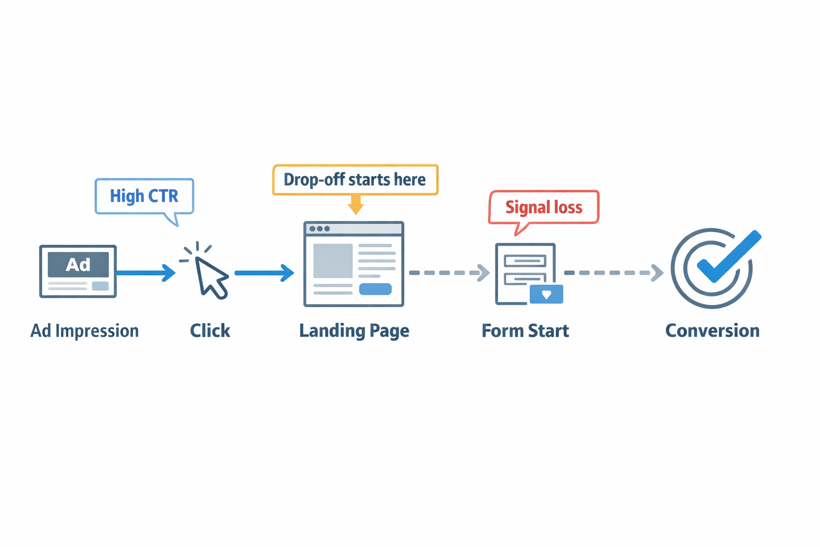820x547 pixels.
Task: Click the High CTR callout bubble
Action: [x=144, y=196]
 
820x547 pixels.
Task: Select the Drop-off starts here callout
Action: [x=355, y=179]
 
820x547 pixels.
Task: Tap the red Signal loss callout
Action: [x=543, y=207]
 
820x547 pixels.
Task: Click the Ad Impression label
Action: [x=84, y=331]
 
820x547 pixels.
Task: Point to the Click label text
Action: [x=210, y=331]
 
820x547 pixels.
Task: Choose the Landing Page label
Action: [x=354, y=331]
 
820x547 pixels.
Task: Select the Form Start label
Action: [x=525, y=331]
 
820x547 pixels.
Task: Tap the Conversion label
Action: [x=712, y=331]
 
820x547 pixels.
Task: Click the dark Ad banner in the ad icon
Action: [x=78, y=264]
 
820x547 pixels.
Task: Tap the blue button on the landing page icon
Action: [x=375, y=289]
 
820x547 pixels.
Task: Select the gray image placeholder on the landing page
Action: [x=333, y=261]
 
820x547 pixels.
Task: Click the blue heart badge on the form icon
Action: [x=546, y=294]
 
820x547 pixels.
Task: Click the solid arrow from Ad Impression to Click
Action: [x=145, y=273]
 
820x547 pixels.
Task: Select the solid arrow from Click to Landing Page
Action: [x=264, y=273]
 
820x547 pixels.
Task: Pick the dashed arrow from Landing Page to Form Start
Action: [x=448, y=273]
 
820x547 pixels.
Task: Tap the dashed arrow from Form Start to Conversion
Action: [x=613, y=273]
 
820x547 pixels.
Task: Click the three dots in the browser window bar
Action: [x=320, y=229]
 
